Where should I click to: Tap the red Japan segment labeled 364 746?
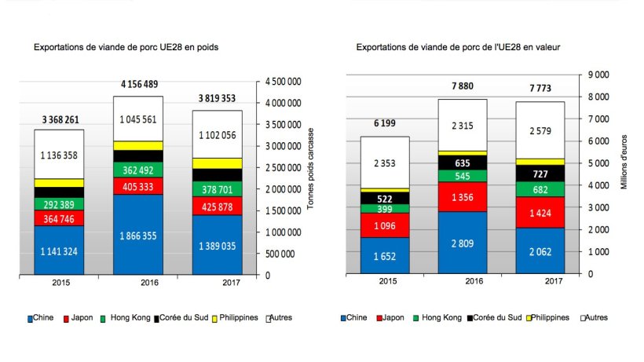[59, 218]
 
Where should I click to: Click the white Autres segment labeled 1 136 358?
[59, 155]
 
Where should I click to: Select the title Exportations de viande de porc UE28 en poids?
[126, 47]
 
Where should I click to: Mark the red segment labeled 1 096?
[385, 225]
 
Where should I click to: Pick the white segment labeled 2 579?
[540, 130]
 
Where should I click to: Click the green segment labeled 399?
[385, 208]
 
